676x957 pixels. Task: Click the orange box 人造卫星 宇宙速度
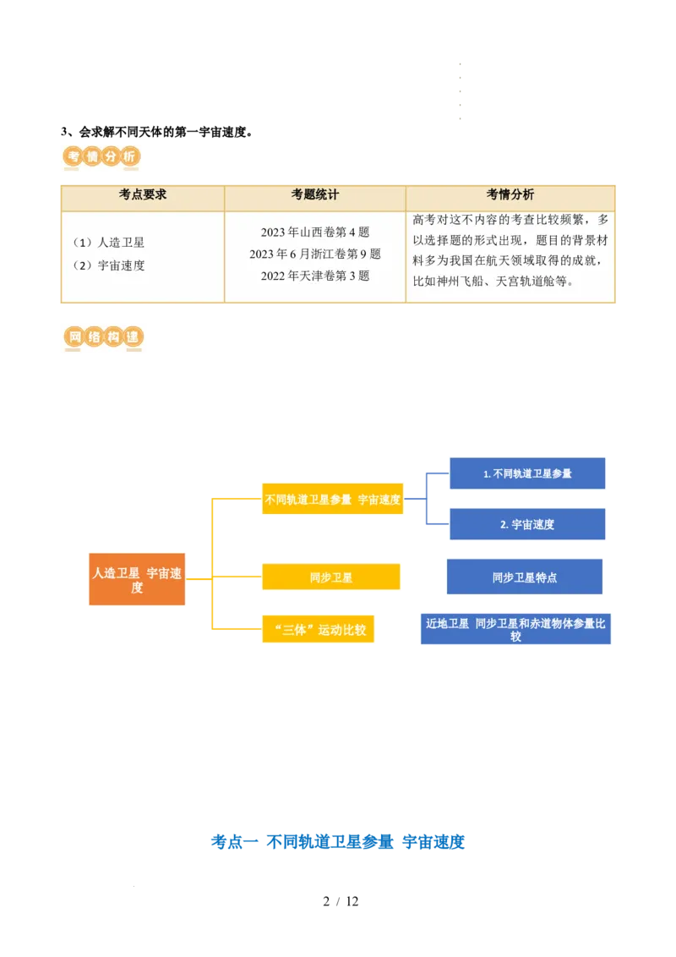click(x=137, y=579)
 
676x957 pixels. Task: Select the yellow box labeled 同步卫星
click(x=331, y=577)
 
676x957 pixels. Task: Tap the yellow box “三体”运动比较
click(x=318, y=629)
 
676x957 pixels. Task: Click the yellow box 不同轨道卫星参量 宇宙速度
click(x=333, y=499)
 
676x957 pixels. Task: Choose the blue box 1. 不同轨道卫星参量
click(x=527, y=473)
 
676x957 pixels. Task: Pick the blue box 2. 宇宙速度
click(x=527, y=523)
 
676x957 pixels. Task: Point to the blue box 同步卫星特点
click(x=525, y=577)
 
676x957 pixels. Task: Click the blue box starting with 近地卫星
click(x=515, y=629)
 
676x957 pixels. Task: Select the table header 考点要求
click(x=143, y=194)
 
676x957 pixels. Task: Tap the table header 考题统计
click(x=315, y=194)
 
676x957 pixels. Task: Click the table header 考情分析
click(x=510, y=194)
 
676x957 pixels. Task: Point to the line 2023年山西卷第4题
click(x=315, y=232)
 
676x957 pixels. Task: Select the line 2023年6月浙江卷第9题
click(x=315, y=254)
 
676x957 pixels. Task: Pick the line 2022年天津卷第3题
click(x=315, y=276)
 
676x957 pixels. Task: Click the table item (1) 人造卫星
click(x=109, y=243)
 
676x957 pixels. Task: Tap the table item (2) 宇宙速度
click(x=109, y=265)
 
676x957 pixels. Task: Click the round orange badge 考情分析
click(x=101, y=157)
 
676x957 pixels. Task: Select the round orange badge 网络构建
click(x=103, y=337)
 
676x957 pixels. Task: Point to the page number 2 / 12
click(x=341, y=901)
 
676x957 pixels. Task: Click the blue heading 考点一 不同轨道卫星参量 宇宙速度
click(x=338, y=842)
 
